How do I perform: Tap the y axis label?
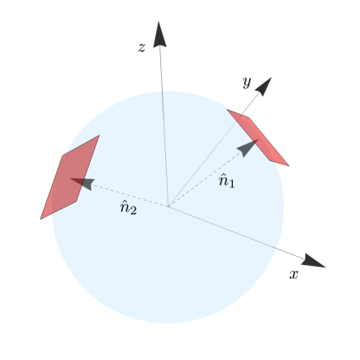coord(246,82)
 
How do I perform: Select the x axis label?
coord(293,274)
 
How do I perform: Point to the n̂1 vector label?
coord(226,180)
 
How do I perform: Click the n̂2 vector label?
coord(128,208)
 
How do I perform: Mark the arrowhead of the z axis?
coord(159,34)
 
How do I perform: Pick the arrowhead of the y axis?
coord(264,85)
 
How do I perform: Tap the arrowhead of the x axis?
coord(313,262)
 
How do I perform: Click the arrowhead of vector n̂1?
coord(248,147)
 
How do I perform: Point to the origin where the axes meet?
coord(168,206)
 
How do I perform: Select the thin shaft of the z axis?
coord(163,124)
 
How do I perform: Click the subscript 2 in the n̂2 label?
coord(134,211)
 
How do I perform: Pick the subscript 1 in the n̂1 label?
coord(232,183)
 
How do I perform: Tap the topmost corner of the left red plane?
coord(98,135)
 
